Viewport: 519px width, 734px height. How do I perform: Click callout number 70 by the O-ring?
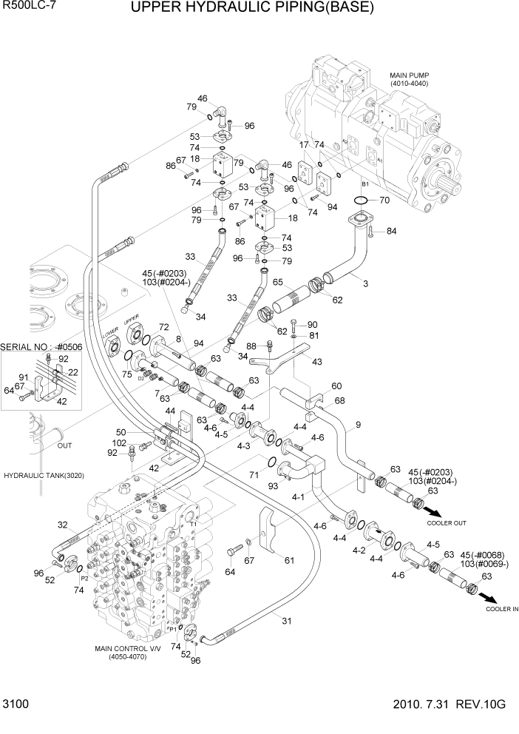click(384, 200)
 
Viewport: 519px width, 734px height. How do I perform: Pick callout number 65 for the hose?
click(278, 282)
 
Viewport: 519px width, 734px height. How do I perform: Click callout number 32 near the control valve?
click(62, 525)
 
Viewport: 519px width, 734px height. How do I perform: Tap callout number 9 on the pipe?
click(358, 424)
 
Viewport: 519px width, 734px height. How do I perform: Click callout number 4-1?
click(299, 498)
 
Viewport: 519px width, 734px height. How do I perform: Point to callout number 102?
click(118, 443)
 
